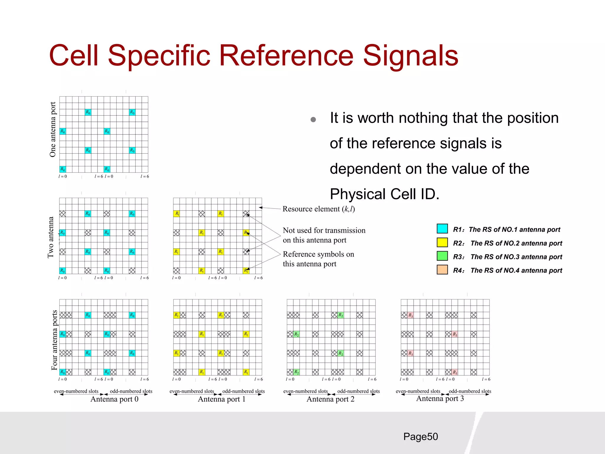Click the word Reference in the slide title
pyautogui.click(x=286, y=56)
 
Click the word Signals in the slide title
pyautogui.click(x=410, y=56)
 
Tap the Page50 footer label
pyautogui.click(x=420, y=437)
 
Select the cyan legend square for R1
pyautogui.click(x=442, y=229)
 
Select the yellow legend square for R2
pyautogui.click(x=442, y=242)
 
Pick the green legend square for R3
pyautogui.click(x=442, y=256)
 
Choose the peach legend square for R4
pyautogui.click(x=442, y=270)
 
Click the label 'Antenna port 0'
pyautogui.click(x=114, y=399)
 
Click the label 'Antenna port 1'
pyautogui.click(x=222, y=399)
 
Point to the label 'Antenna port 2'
pyautogui.click(x=330, y=399)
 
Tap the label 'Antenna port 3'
pyautogui.click(x=440, y=398)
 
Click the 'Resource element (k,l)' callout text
pyautogui.click(x=318, y=209)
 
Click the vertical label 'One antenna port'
pyautogui.click(x=53, y=129)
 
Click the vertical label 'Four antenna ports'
pyautogui.click(x=54, y=340)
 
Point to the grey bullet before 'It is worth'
pyautogui.click(x=313, y=120)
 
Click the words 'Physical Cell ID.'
pyautogui.click(x=384, y=194)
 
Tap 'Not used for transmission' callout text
pyautogui.click(x=324, y=230)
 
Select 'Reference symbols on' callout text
pyautogui.click(x=318, y=254)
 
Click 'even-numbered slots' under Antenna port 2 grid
pyautogui.click(x=305, y=391)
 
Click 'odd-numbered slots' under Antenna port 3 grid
pyautogui.click(x=470, y=391)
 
